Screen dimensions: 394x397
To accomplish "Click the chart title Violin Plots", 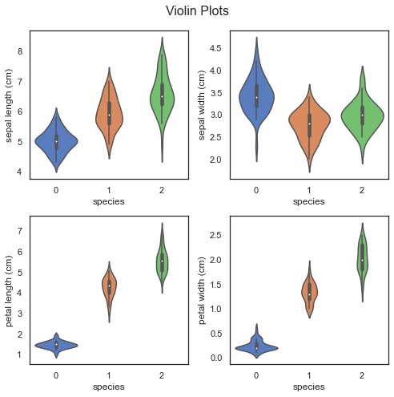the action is coord(197,11).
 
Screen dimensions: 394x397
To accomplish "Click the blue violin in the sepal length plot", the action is coord(56,140).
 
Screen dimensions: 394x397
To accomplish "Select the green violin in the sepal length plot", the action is coord(162,99).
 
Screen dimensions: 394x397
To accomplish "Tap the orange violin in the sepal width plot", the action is coord(309,123).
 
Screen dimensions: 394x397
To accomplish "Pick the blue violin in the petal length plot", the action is coord(56,345).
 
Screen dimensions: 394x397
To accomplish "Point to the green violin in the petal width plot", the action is coord(362,262).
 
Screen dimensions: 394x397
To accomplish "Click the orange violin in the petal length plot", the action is coord(109,286).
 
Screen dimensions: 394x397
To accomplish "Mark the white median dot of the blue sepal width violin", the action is coord(256,97).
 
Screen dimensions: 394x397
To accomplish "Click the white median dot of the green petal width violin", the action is coord(362,260).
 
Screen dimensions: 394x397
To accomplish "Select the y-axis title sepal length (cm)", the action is coord(9,105).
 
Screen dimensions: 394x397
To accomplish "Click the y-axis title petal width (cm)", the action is coord(202,290).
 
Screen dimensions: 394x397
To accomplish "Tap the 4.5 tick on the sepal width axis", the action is coord(215,48).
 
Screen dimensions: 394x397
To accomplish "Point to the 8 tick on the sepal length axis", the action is coord(20,51).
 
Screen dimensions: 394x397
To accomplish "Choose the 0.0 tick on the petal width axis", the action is coord(216,358).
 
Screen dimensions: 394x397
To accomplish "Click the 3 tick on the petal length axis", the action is coord(20,314).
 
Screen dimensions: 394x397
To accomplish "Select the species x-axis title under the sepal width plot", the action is coord(309,201).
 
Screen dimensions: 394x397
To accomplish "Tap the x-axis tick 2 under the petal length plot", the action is coord(162,375).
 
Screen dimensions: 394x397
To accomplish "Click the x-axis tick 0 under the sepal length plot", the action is coord(56,190).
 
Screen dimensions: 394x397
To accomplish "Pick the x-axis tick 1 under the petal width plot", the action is coord(309,375).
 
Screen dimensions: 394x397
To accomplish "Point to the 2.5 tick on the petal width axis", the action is coord(216,235).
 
